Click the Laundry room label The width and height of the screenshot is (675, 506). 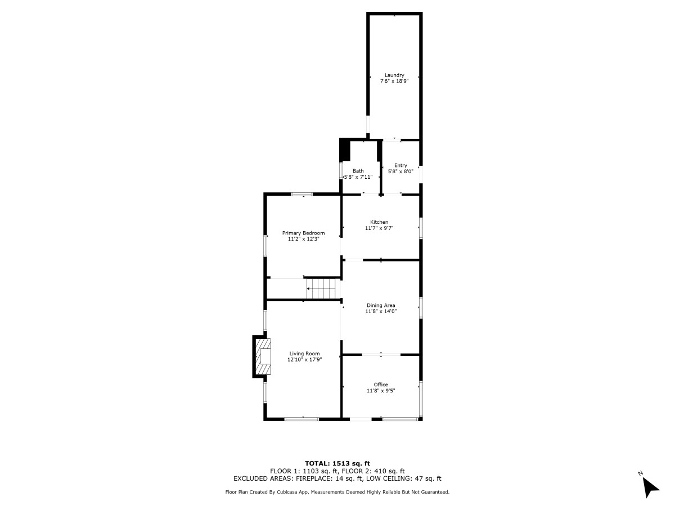click(x=394, y=75)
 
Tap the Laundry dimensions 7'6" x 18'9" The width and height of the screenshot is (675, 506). click(x=394, y=82)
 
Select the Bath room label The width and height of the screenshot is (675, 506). click(x=358, y=171)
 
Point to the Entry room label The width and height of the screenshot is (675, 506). click(x=400, y=165)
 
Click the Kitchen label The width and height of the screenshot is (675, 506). click(x=379, y=222)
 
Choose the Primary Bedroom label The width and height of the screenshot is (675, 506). click(x=303, y=233)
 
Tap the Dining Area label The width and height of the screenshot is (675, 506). click(x=381, y=305)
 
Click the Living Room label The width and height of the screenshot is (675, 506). click(x=304, y=354)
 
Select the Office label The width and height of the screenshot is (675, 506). click(x=381, y=385)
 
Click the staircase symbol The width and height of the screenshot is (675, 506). click(x=323, y=288)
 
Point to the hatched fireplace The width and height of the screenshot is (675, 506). click(x=264, y=356)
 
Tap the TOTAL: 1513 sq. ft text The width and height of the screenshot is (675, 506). click(x=337, y=463)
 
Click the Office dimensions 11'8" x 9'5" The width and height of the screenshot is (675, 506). click(x=381, y=391)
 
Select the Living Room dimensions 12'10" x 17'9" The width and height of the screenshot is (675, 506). click(x=304, y=359)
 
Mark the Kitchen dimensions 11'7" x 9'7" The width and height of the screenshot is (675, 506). click(x=379, y=228)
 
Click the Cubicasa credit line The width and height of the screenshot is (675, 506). click(x=337, y=492)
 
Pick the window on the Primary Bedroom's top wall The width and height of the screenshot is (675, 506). click(x=301, y=194)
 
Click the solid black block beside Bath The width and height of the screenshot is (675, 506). click(x=345, y=150)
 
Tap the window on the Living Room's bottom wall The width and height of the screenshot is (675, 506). click(x=301, y=419)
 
